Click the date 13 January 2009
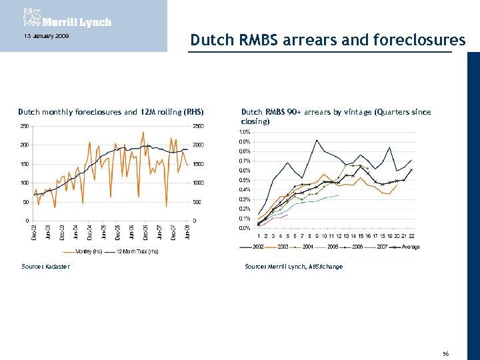tap(42, 36)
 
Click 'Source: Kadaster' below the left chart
tap(44, 267)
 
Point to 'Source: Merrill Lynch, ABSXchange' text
tap(293, 267)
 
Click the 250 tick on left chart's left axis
tap(23, 126)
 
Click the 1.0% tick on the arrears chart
tap(245, 132)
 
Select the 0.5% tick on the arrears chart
tap(245, 180)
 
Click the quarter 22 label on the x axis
tap(412, 235)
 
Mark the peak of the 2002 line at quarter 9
tap(317, 140)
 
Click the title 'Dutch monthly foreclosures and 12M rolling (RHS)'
tap(111, 112)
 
